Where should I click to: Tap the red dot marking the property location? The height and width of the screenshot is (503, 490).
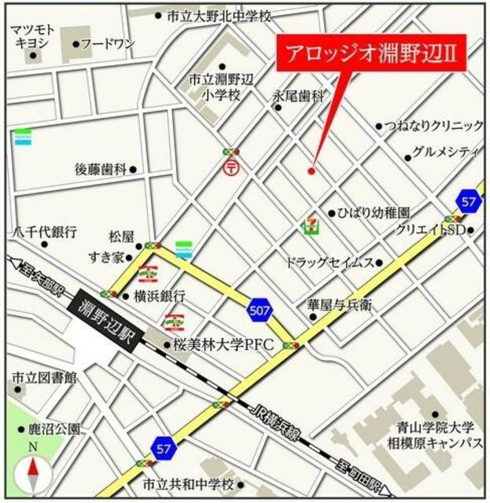pyautogui.click(x=312, y=171)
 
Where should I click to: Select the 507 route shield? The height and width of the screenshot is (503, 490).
pyautogui.click(x=260, y=310)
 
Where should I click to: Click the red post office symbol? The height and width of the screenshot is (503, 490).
pyautogui.click(x=231, y=167)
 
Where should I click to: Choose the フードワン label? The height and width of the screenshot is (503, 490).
pyautogui.click(x=109, y=44)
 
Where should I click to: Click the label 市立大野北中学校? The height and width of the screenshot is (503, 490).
pyautogui.click(x=219, y=16)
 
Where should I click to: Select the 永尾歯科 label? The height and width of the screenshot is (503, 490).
pyautogui.click(x=298, y=95)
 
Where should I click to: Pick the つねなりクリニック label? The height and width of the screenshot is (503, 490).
pyautogui.click(x=434, y=126)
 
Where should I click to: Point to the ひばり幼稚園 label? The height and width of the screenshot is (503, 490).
pyautogui.click(x=374, y=212)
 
